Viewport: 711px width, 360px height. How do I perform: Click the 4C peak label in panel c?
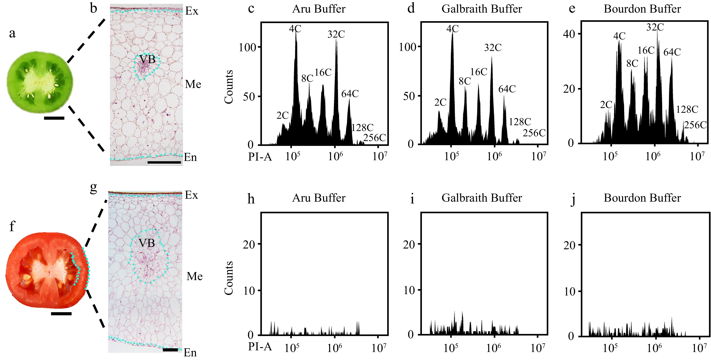coord(295,29)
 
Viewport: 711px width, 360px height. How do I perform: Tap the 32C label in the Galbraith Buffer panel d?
coord(493,48)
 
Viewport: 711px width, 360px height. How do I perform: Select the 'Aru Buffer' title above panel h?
coord(319,198)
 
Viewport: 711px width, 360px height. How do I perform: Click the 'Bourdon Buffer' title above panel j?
coord(642,198)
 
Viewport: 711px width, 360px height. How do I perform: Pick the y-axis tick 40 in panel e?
coord(569,34)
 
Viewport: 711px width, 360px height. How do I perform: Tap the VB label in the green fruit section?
coord(147,59)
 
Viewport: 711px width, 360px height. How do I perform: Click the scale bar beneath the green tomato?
coord(54,118)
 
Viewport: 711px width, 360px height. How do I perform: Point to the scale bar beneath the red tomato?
coord(61,314)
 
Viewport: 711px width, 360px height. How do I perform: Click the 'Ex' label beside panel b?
coord(192,11)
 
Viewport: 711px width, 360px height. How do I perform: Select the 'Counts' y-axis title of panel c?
coord(229,87)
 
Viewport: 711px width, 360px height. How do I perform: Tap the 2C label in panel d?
coord(440,102)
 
